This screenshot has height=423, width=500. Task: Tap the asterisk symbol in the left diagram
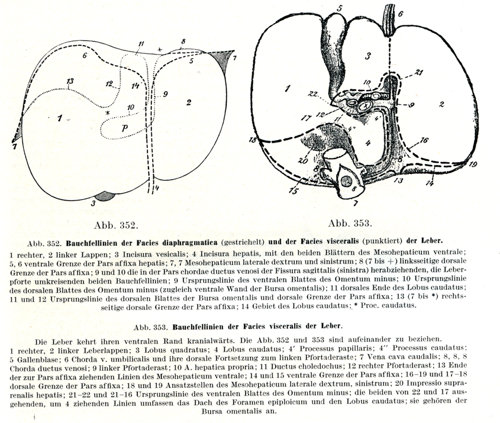coord(108,112)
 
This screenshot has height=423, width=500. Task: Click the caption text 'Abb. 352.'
coord(116,225)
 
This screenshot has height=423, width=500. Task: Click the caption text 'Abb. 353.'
coord(350,223)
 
